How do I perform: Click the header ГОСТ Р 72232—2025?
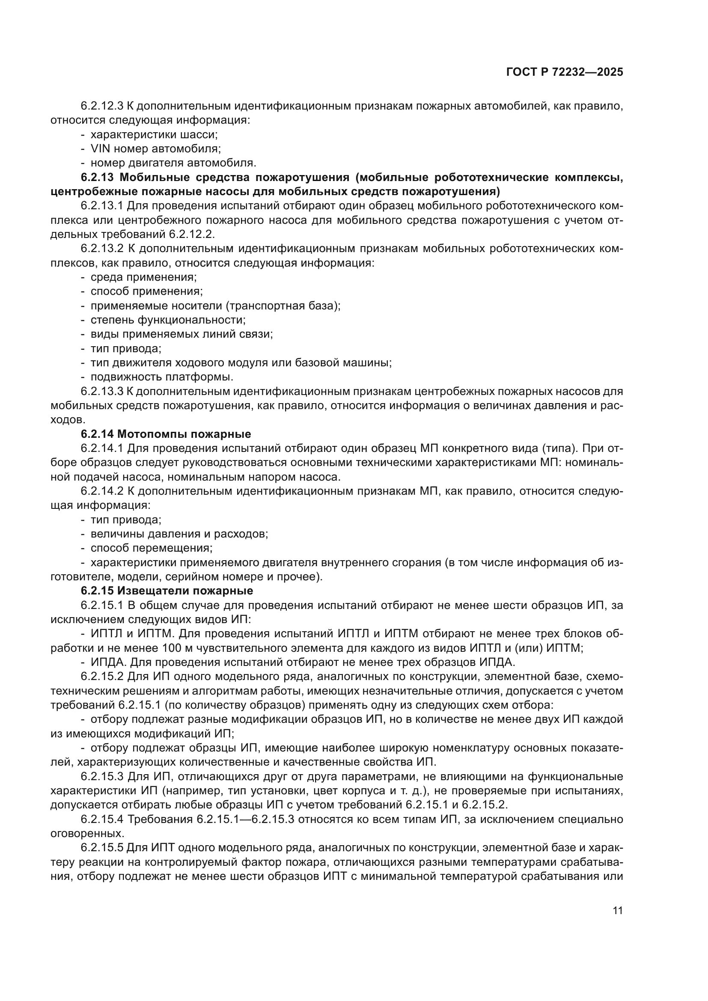(565, 72)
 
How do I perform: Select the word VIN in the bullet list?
(101, 149)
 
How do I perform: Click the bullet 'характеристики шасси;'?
(154, 134)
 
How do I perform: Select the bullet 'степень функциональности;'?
(168, 320)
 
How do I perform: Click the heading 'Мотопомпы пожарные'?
(184, 434)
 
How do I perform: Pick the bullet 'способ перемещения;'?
(151, 548)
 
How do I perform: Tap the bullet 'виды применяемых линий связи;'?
(181, 334)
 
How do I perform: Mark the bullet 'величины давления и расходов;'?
(179, 534)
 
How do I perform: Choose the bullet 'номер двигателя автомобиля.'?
(173, 163)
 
